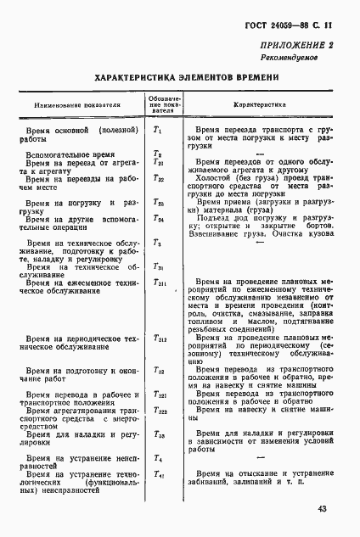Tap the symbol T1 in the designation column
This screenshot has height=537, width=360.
pyautogui.click(x=157, y=130)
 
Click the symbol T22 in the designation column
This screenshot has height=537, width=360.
pyautogui.click(x=158, y=179)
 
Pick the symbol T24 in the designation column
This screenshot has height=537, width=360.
pyautogui.click(x=158, y=218)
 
